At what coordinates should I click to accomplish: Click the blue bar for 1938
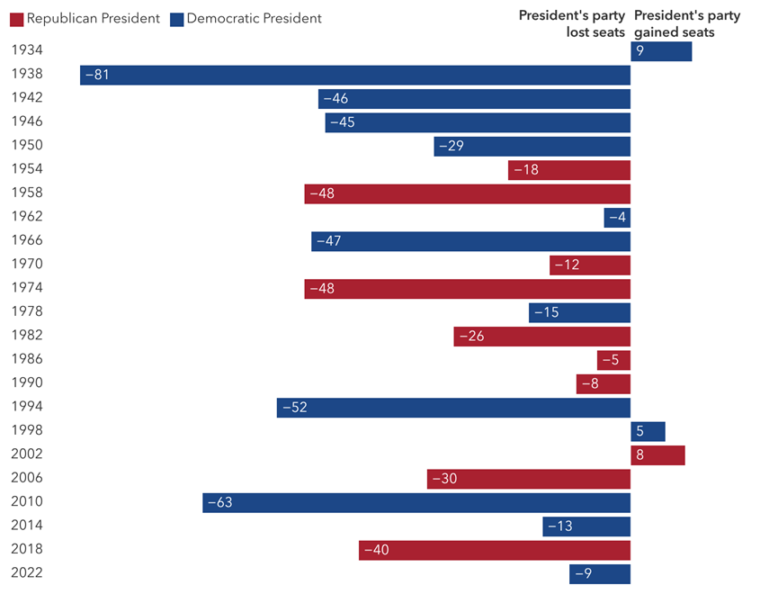(x=355, y=75)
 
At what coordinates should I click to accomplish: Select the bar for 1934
(x=661, y=51)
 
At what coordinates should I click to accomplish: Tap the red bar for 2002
(x=657, y=455)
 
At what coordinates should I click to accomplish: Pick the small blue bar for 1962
(x=617, y=217)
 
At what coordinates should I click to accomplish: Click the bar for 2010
(x=416, y=502)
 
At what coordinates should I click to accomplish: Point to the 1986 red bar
(x=613, y=360)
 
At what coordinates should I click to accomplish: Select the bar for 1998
(x=648, y=431)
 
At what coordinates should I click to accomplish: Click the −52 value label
(x=295, y=408)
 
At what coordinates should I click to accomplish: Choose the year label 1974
(x=26, y=288)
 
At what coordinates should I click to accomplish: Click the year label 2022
(x=26, y=573)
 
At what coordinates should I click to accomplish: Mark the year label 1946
(x=26, y=121)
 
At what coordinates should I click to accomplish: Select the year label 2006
(x=26, y=478)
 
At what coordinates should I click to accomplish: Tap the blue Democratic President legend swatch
(x=176, y=19)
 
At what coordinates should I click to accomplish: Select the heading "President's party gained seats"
(x=687, y=23)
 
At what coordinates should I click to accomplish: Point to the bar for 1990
(x=604, y=383)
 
